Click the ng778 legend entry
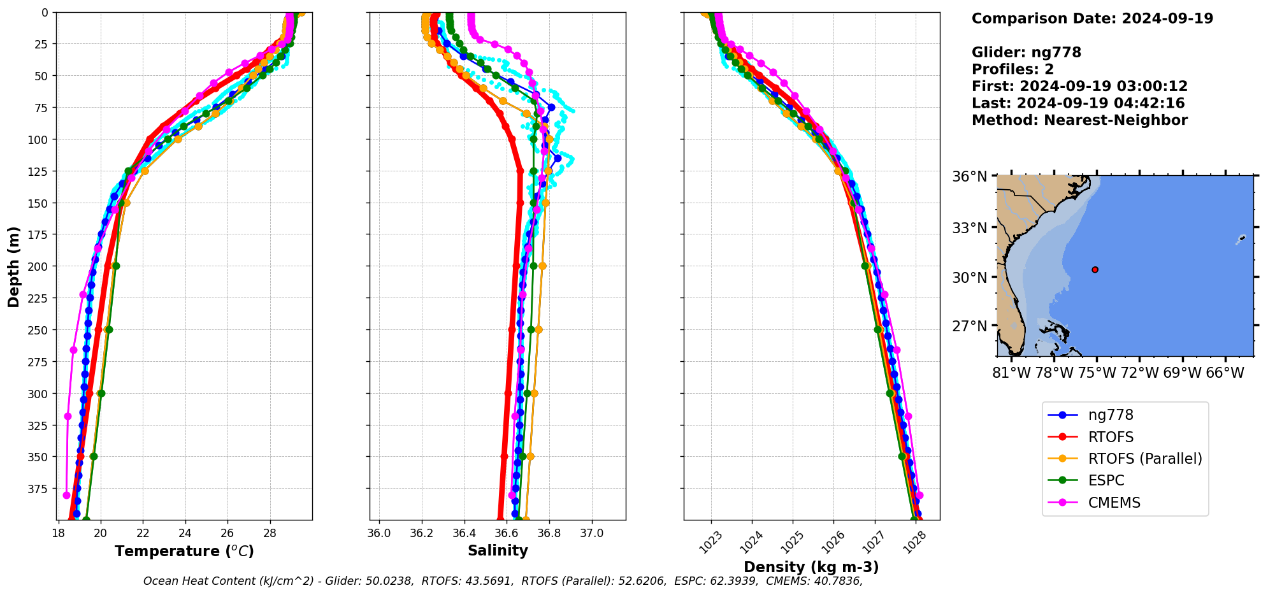(1110, 415)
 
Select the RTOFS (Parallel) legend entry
(1144, 459)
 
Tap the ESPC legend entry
(1106, 480)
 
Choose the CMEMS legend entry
(1114, 503)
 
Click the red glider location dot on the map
(1095, 270)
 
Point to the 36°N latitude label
(969, 176)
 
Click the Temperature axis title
(184, 551)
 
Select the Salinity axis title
(498, 551)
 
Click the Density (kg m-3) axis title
(811, 567)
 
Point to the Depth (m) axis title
(13, 266)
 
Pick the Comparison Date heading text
(1092, 18)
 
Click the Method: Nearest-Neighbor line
(1079, 120)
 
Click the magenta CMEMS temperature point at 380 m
(66, 495)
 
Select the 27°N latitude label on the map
(969, 326)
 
